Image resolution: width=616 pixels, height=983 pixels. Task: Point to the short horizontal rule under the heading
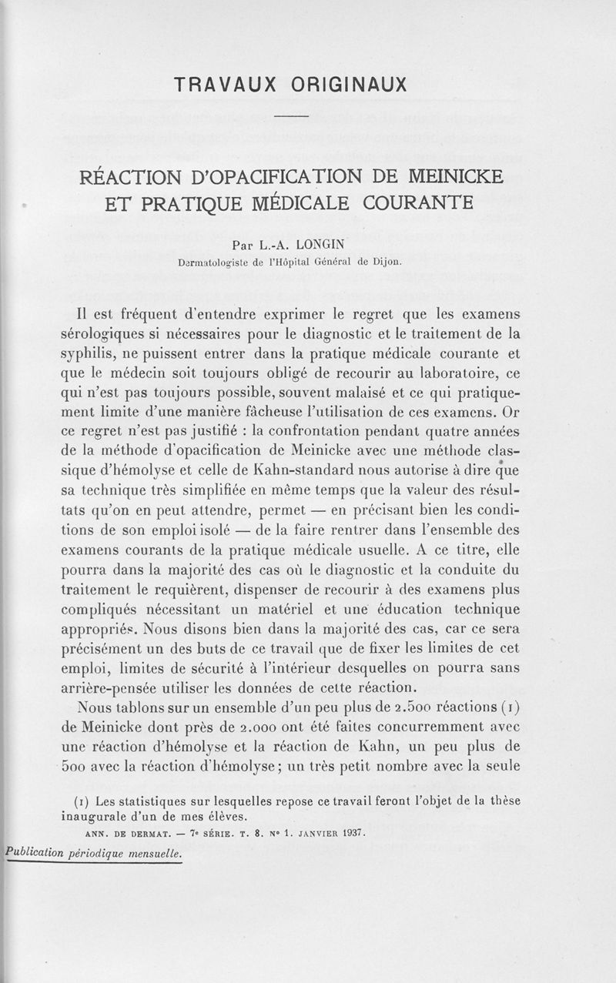[x=291, y=117]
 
